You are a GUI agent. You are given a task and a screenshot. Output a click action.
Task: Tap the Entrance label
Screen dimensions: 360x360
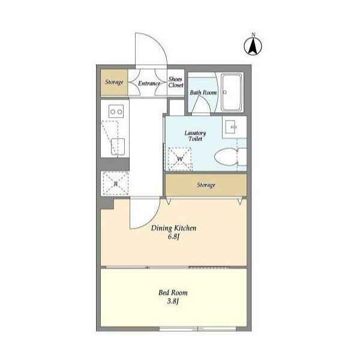[149, 83]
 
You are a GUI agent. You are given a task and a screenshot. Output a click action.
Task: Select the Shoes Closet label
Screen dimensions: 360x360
[176, 82]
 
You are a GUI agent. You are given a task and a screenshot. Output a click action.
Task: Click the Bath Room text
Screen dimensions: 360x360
[203, 92]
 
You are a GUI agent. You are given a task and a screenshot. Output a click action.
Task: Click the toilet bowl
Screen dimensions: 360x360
[226, 157]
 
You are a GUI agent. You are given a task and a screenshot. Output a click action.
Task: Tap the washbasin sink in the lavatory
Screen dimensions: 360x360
[230, 127]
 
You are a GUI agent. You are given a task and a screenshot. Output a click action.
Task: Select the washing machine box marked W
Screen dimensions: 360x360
[180, 159]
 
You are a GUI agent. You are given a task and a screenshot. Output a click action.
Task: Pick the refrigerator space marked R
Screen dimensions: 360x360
[115, 184]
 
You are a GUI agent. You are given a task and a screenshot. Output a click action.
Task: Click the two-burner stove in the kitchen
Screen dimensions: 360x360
[116, 112]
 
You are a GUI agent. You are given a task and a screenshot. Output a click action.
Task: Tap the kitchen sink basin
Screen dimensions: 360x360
[118, 146]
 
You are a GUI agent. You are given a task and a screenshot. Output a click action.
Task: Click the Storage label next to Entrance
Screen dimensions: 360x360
[114, 82]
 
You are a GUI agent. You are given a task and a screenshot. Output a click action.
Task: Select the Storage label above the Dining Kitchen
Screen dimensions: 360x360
[206, 185]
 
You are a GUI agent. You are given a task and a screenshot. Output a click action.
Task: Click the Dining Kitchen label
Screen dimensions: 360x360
[173, 228]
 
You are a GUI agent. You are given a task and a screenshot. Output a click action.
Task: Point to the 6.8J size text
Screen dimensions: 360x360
[173, 237]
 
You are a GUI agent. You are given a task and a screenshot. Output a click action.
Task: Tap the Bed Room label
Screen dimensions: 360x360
[173, 293]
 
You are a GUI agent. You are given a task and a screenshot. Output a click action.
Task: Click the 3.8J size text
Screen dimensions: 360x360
[173, 301]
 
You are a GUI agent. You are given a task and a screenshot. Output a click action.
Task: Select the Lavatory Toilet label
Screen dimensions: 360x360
[195, 136]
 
